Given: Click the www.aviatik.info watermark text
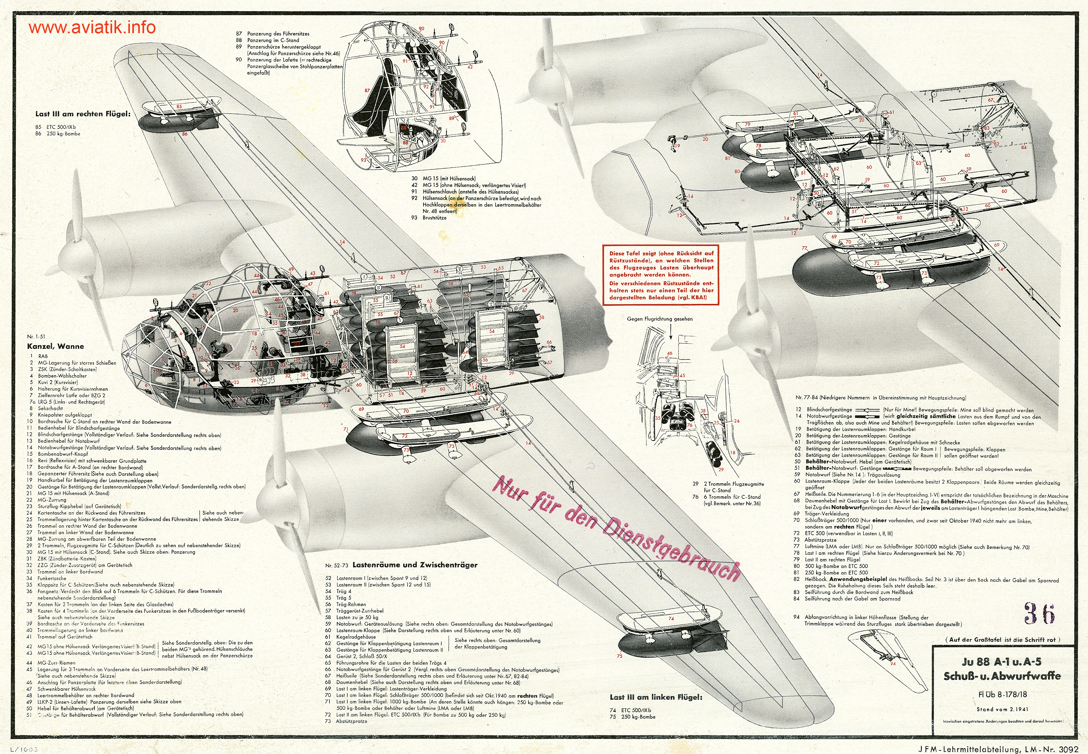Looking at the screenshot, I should coord(92,27).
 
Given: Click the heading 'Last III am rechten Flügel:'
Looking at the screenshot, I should coord(83,114).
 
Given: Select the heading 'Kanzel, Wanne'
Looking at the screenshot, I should coord(55,346).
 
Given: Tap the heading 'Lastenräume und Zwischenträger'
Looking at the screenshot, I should coord(415,565).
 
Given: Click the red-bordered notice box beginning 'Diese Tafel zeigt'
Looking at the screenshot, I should coord(661,275).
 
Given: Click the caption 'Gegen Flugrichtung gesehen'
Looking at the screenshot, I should coord(660,319).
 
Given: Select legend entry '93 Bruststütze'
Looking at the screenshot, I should coord(429,218).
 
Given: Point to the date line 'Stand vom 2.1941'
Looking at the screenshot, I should coord(1001,709).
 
